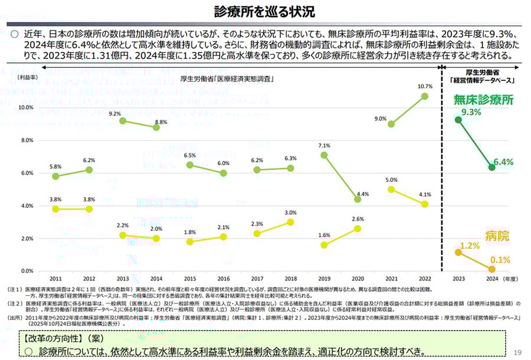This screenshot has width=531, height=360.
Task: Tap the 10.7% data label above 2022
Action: point(425,86)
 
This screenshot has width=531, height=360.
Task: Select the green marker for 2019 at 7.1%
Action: point(324,155)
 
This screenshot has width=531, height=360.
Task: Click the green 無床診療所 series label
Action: point(483,100)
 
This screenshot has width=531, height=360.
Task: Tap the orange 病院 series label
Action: point(497,236)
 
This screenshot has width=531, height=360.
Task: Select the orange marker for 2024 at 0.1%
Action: point(492,269)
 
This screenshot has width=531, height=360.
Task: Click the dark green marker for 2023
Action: point(458,119)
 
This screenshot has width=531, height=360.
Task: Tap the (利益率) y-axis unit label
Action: point(27,77)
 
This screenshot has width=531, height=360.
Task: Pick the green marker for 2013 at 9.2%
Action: point(123,121)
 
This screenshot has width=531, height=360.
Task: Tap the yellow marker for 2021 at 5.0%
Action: point(391,189)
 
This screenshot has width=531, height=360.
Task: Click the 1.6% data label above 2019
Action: point(324,235)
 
